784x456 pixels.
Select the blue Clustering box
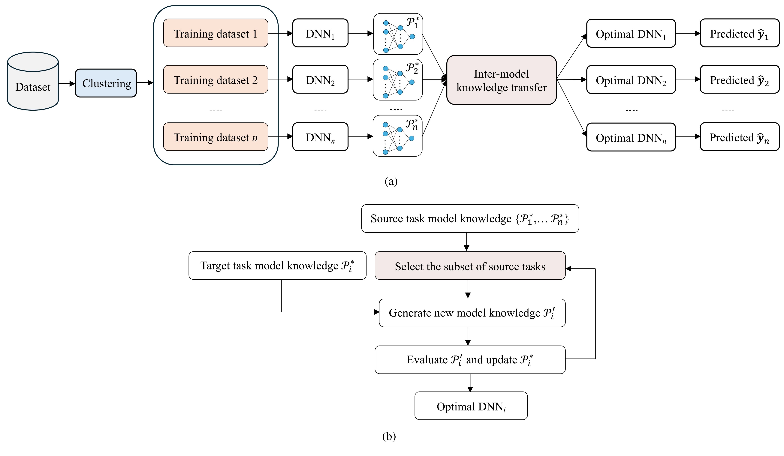point(106,83)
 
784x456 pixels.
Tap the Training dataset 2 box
point(216,80)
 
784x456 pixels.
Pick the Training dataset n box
point(216,137)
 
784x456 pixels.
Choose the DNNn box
point(320,137)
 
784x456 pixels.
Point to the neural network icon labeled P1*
point(398,34)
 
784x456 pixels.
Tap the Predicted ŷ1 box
point(739,33)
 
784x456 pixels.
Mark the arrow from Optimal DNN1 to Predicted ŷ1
point(688,33)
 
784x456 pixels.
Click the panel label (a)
point(391,181)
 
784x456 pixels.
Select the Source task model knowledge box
point(470,218)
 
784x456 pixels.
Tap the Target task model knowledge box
point(277,265)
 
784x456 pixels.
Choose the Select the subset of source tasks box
point(470,266)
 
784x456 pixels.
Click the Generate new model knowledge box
point(472,313)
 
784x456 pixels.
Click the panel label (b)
point(389,436)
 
